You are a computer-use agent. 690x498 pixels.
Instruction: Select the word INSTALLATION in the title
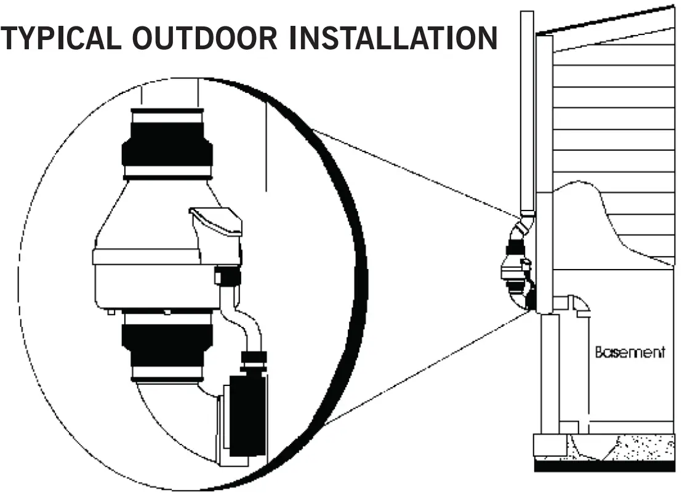(393, 38)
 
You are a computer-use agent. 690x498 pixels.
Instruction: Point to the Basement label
(630, 353)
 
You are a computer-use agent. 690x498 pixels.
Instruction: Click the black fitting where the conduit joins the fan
(228, 276)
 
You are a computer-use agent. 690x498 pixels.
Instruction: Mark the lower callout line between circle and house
(425, 369)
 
